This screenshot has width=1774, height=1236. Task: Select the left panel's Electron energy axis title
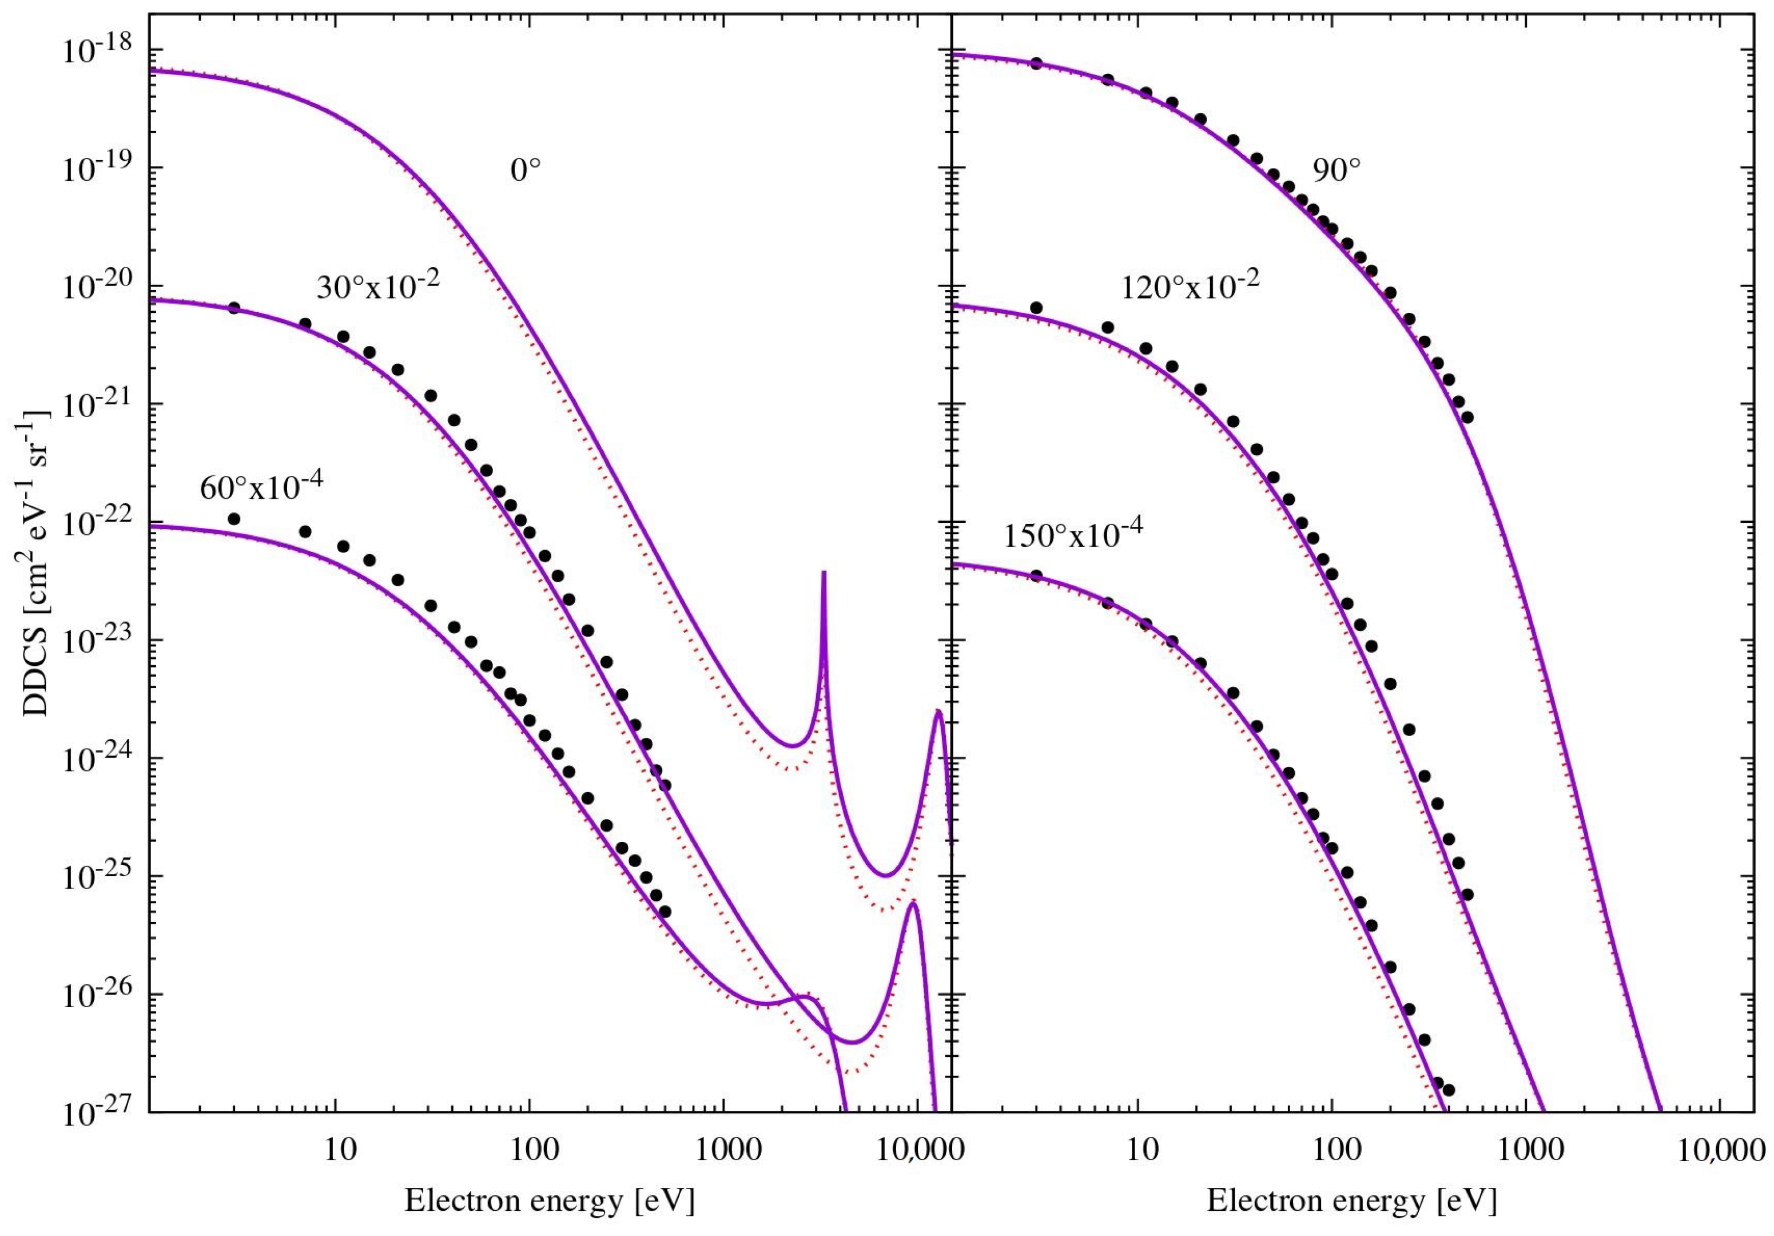550,1201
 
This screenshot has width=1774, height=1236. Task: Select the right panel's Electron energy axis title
1351,1201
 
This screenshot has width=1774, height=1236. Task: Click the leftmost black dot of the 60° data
234,518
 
